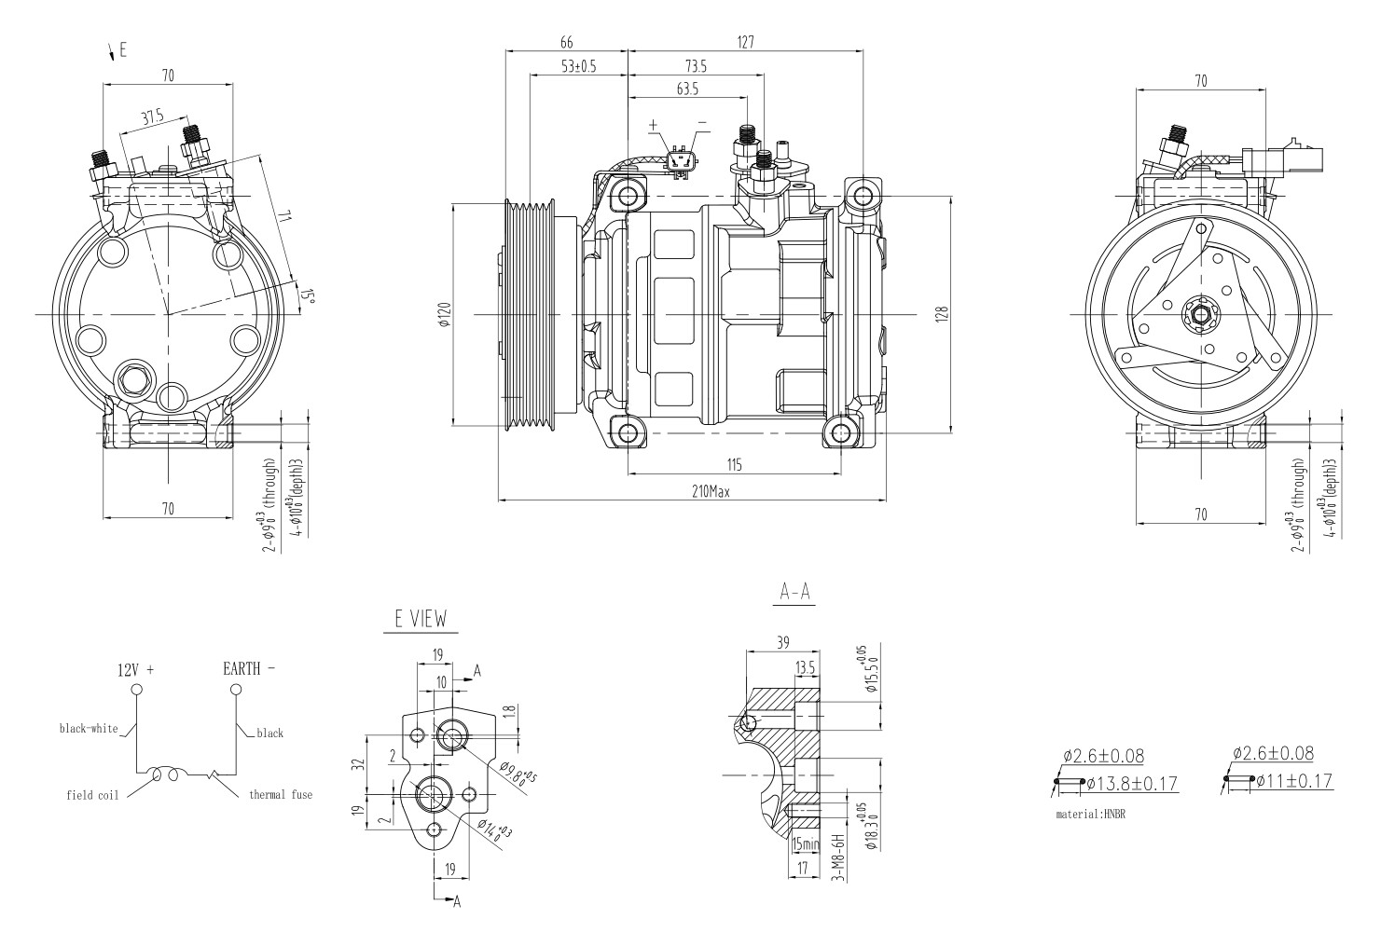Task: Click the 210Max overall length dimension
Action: (710, 491)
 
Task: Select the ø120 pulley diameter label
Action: (445, 316)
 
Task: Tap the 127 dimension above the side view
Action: (745, 42)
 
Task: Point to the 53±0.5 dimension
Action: (578, 66)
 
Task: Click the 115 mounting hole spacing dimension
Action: (735, 464)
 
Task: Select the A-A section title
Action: (794, 592)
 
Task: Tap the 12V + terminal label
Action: (135, 669)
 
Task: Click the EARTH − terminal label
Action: (249, 668)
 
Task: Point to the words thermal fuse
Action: (280, 795)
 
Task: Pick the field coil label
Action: (91, 796)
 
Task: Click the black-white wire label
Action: (89, 728)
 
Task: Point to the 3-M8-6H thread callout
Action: (836, 858)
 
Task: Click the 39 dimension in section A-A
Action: (781, 642)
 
